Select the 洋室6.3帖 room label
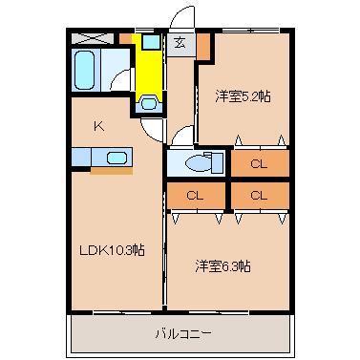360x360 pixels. click(224, 265)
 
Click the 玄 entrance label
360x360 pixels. click(180, 42)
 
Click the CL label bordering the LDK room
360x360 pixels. click(194, 195)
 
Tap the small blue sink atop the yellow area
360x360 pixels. click(150, 43)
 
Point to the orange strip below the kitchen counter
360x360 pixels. click(111, 172)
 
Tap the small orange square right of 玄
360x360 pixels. click(202, 43)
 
